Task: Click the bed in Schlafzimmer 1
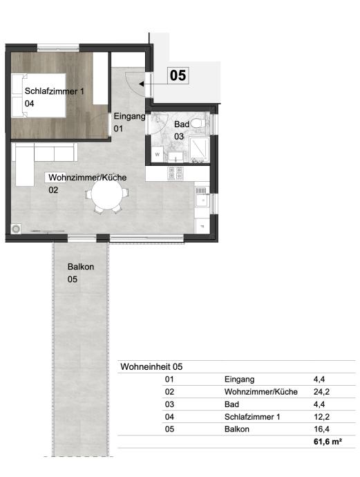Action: [39, 95]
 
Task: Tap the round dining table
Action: [107, 194]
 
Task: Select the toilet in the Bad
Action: [200, 123]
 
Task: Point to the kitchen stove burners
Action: [176, 173]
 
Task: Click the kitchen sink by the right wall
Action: [202, 200]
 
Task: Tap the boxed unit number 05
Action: [178, 75]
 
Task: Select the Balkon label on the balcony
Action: [81, 267]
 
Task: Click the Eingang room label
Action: [129, 116]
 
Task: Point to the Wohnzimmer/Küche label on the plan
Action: [88, 178]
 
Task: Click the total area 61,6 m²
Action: [328, 442]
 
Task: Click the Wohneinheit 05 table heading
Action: [151, 366]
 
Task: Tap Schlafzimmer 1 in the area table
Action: [252, 417]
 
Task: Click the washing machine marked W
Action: [157, 155]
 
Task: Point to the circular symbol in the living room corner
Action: [16, 229]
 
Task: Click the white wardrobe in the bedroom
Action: [100, 79]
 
